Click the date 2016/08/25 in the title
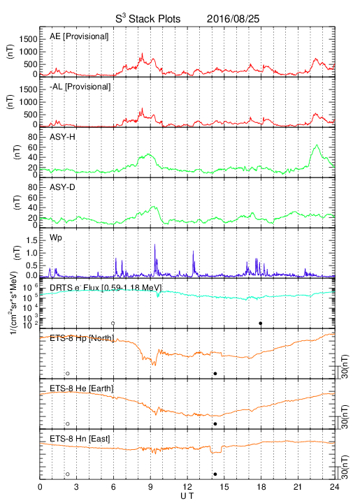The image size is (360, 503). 233,19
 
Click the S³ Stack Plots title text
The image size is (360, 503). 148,19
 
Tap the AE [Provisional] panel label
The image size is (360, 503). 79,36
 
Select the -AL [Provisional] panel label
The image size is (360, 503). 80,87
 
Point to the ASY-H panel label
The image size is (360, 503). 62,137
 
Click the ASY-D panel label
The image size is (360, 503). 62,187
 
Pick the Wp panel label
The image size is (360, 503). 56,238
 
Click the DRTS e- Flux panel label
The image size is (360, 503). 106,288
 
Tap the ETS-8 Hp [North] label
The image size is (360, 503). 82,338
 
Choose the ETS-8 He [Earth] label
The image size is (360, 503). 82,388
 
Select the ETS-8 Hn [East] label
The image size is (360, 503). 80,439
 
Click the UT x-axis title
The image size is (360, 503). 187,496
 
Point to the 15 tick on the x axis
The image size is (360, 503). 224,487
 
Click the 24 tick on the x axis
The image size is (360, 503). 334,487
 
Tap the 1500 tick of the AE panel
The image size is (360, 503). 28,39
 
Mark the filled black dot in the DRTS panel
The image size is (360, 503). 261,323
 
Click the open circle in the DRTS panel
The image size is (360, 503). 113,323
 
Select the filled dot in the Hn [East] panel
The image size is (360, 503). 215,474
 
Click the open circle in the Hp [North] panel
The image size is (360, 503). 68,373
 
